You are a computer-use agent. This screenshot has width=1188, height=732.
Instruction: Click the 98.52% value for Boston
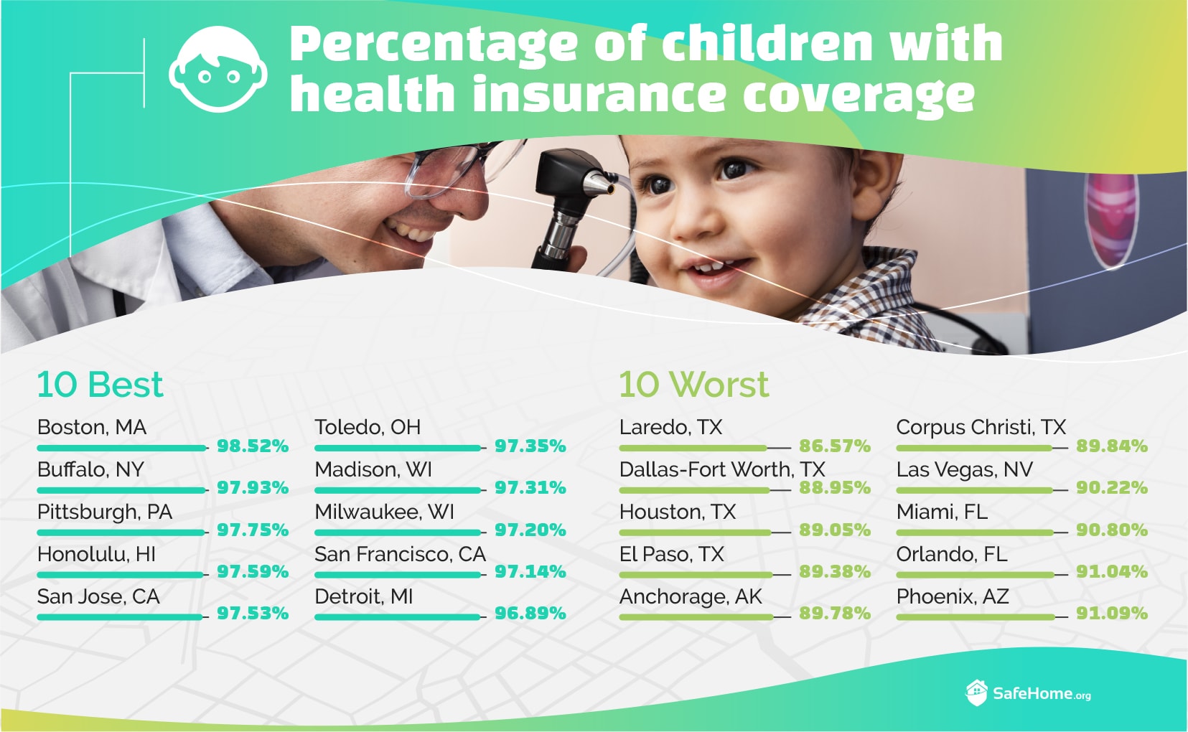pos(253,446)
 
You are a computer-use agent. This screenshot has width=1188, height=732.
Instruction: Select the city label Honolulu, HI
pos(96,555)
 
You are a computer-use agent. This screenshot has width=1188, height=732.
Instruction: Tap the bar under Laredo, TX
pos(693,449)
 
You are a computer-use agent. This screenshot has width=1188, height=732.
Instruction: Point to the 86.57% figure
pos(835,446)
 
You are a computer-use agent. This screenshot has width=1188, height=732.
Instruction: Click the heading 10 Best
pos(100,384)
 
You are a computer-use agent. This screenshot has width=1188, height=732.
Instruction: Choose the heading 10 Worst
pos(693,384)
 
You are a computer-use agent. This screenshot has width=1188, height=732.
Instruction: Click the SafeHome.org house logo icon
pos(976,693)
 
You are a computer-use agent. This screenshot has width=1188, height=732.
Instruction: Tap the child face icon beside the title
pos(218,69)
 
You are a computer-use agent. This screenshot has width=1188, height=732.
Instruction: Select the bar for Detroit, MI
pos(397,617)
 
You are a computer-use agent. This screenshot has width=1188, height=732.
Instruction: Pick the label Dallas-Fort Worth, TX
pos(722,469)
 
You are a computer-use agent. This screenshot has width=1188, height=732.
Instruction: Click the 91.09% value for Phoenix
pos(1112,614)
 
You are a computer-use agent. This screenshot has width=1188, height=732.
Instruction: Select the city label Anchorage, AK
pos(690,597)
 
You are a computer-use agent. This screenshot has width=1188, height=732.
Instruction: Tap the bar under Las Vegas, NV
pos(974,490)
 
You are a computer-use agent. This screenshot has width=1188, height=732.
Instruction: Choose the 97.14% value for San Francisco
pos(530,571)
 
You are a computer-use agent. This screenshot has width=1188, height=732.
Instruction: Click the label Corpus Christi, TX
pos(981,428)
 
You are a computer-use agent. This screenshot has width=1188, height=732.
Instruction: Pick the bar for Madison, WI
pos(398,490)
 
